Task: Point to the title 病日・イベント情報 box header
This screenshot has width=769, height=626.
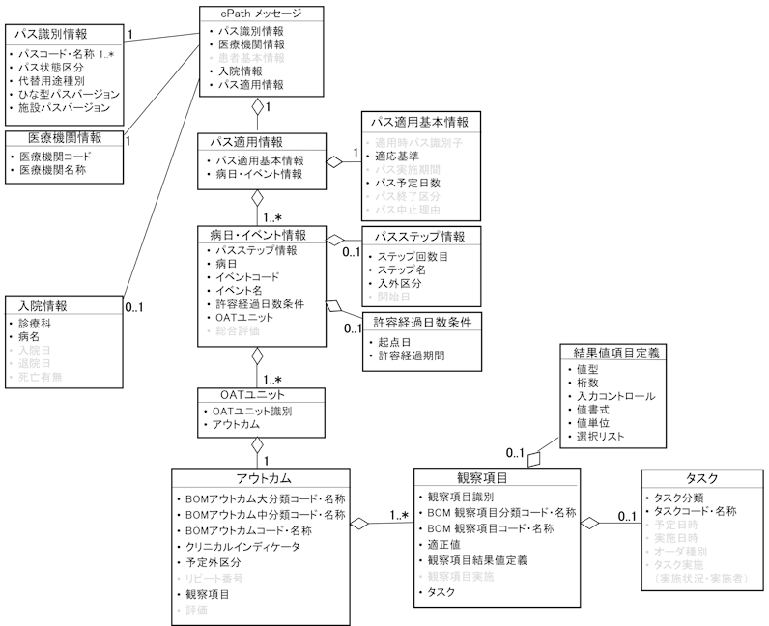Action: point(258,235)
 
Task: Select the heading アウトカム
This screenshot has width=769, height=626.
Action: point(264,480)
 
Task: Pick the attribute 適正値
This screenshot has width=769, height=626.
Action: point(446,544)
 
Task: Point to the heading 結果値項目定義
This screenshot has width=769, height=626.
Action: point(615,353)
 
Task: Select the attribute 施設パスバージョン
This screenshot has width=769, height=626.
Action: point(69,108)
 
